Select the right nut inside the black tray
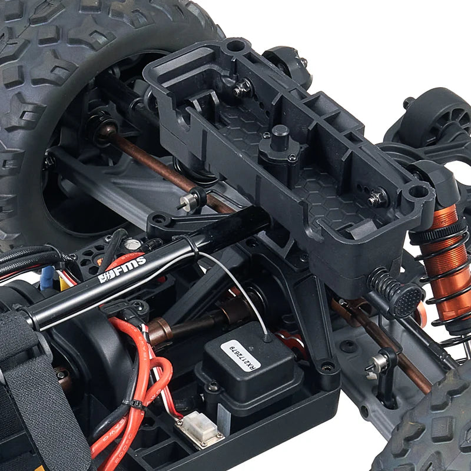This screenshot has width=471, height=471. [x=377, y=198]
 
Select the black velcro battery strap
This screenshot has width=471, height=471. [x=35, y=383]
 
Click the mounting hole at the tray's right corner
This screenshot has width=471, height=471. [x=419, y=191]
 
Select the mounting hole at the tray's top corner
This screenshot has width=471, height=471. [x=235, y=46]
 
